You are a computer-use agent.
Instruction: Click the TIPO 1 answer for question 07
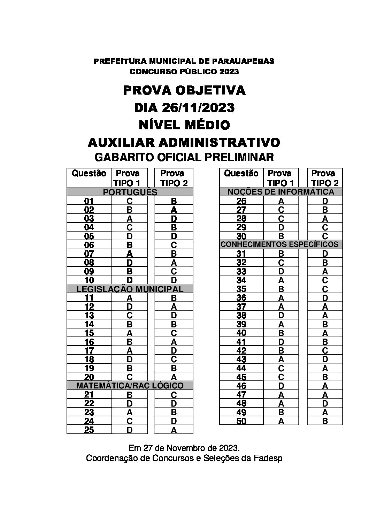(x=130, y=254)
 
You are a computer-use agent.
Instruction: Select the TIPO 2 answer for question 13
(x=174, y=316)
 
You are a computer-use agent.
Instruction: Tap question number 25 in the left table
(x=89, y=430)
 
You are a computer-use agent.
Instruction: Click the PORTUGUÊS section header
(x=130, y=192)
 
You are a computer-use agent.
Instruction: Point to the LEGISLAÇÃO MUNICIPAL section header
(x=130, y=289)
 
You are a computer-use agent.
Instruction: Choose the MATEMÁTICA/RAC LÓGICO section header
(x=130, y=386)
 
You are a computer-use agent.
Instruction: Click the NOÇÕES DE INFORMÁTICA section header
(x=281, y=192)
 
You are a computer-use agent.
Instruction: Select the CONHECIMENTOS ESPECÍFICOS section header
(x=279, y=244)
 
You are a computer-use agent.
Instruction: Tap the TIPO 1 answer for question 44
(x=281, y=368)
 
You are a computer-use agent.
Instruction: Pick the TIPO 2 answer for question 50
(x=325, y=421)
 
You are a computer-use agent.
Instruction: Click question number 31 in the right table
(x=241, y=254)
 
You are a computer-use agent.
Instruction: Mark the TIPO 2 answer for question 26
(x=325, y=201)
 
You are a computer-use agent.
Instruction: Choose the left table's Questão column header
(x=89, y=173)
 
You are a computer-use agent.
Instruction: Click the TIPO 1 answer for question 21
(x=130, y=395)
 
